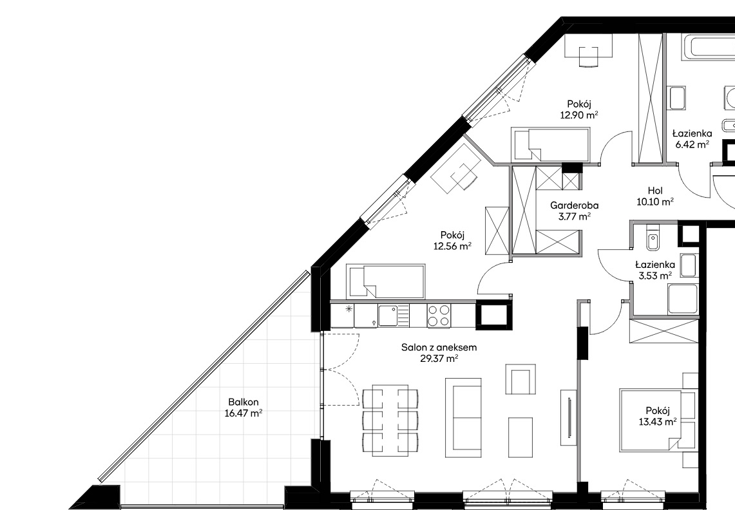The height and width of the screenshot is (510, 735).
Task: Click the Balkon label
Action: coord(243,402)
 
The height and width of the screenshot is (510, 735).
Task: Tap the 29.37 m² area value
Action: coord(439,359)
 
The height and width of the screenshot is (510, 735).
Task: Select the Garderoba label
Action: coord(574,205)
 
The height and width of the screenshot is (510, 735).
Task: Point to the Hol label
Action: coord(655,191)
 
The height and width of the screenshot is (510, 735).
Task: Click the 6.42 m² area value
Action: coord(692,145)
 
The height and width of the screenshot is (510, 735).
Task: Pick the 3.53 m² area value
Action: coord(655,276)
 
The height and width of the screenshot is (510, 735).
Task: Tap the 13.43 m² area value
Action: coord(658,422)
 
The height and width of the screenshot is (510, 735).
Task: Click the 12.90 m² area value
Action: coord(579,115)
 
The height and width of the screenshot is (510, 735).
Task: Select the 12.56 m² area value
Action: coord(452,246)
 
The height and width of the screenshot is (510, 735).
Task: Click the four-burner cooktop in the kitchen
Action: coord(439,316)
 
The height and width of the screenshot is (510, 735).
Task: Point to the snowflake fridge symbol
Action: coord(348,309)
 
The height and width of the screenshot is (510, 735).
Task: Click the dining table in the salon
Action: coord(390,420)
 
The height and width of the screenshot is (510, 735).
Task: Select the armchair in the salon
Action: coord(520,379)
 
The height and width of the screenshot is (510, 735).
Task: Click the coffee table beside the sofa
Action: coord(520,437)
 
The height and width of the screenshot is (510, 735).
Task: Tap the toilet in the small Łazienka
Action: coord(651,239)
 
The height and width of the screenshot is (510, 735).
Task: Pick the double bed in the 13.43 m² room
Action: coord(651,420)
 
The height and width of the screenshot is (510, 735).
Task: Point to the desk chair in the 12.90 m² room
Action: coord(589,57)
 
